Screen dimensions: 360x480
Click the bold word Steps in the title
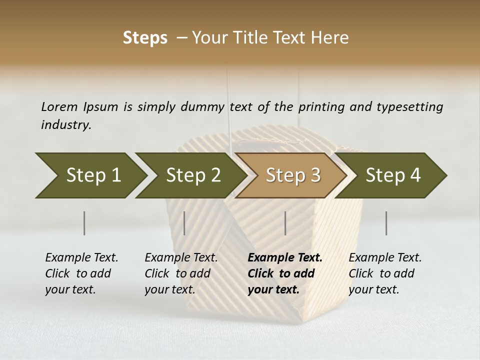click(145, 38)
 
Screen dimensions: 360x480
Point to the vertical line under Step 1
click(84, 223)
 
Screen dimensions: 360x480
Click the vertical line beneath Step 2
click(184, 223)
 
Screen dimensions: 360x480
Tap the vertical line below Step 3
click(285, 223)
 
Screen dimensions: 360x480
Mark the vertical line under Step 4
click(386, 223)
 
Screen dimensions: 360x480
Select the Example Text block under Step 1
click(81, 273)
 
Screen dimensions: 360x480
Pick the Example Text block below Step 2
click(181, 273)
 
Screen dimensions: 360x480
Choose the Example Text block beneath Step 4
click(385, 273)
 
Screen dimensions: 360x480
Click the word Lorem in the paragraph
click(59, 106)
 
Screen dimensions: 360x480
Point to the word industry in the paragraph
click(66, 125)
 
